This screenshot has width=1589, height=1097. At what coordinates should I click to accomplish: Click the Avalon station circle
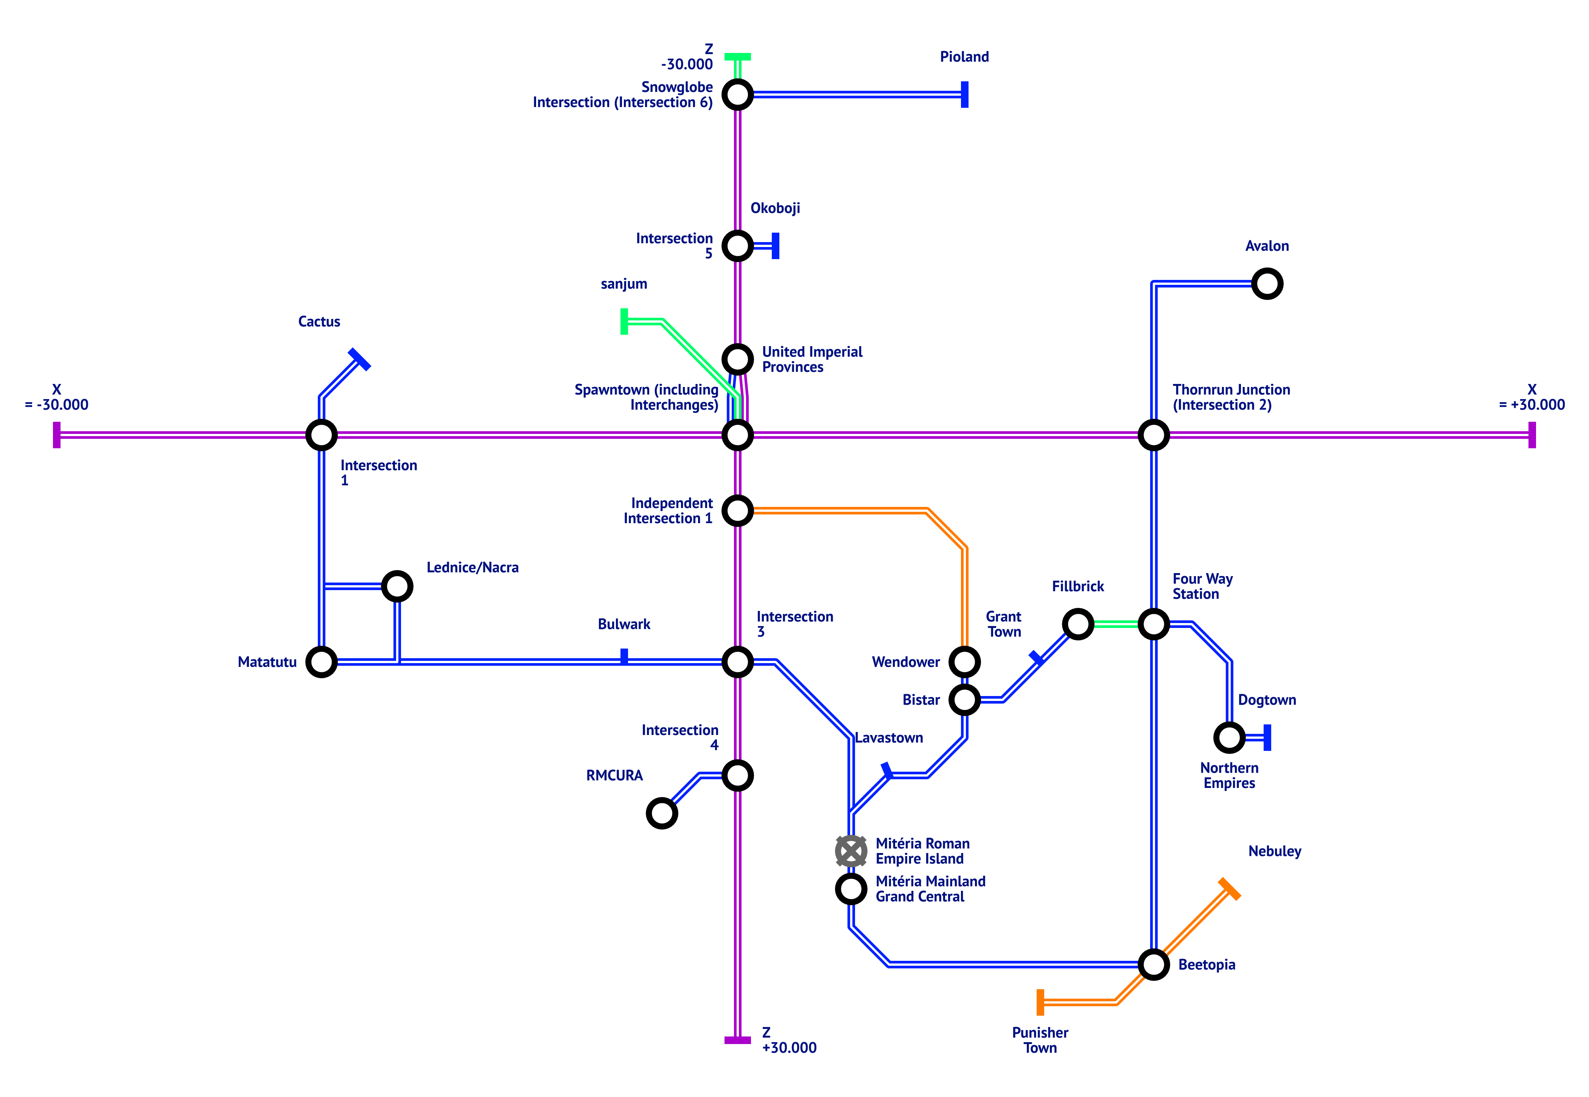click(x=1267, y=284)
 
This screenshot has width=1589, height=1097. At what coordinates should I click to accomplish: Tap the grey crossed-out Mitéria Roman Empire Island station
click(x=851, y=851)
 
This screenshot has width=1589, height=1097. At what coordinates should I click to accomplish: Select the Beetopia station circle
click(x=1153, y=964)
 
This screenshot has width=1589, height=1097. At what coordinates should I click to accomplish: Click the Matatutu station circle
click(x=321, y=662)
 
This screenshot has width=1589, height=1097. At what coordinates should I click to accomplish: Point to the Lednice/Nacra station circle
click(x=396, y=586)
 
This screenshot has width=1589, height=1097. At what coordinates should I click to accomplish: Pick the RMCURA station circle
click(x=662, y=813)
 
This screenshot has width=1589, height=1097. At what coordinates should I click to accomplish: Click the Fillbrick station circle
click(x=1077, y=624)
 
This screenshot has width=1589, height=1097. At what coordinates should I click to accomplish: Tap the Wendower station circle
click(x=964, y=662)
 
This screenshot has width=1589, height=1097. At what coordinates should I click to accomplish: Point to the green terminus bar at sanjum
click(x=624, y=322)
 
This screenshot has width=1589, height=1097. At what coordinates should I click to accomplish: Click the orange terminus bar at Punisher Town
click(x=1040, y=1002)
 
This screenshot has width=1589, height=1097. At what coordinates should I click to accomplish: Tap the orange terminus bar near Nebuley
click(x=1229, y=889)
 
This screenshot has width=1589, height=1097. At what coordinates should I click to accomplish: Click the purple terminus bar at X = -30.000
click(x=56, y=435)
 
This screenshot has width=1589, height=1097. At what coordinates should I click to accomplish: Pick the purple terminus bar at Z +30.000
click(x=737, y=1040)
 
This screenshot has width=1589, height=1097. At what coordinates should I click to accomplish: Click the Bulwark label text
click(x=623, y=624)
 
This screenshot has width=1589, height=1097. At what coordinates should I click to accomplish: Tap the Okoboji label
click(x=774, y=208)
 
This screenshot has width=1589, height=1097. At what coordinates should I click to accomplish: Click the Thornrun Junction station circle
click(x=1153, y=435)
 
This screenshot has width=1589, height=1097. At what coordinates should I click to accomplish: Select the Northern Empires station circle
click(x=1229, y=738)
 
